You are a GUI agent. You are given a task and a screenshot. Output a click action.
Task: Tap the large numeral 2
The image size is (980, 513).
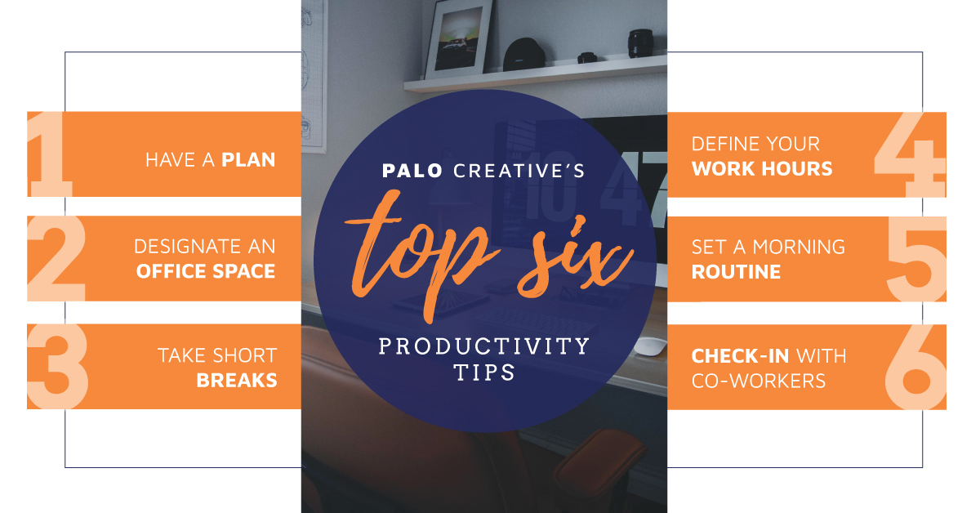56,258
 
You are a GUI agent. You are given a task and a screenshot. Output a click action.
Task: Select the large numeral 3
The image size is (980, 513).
57,366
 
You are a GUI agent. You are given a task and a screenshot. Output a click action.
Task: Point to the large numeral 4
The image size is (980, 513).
910,154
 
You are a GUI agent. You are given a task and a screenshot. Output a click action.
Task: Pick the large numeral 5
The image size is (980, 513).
917,259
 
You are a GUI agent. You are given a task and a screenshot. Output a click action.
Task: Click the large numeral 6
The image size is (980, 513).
915,367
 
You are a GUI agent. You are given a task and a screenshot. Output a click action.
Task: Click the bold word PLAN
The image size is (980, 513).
248,160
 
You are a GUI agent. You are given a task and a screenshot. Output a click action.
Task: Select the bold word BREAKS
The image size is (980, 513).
237,381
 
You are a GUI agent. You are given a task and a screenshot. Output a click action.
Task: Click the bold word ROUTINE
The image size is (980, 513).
736,272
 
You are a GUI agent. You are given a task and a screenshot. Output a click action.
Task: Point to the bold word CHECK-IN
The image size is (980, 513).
740,356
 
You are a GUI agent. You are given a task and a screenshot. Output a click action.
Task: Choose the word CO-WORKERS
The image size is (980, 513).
759,381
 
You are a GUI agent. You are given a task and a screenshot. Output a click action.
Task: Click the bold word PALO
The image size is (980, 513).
412,171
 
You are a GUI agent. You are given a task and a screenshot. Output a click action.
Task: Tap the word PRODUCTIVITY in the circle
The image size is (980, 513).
484,346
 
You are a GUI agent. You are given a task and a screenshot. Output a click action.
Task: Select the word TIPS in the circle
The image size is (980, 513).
485,372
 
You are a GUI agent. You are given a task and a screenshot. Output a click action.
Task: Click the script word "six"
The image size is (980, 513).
575,258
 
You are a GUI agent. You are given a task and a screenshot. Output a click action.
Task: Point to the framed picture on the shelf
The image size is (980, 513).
458,38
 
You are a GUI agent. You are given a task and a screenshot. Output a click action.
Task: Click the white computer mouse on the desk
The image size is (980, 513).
650,346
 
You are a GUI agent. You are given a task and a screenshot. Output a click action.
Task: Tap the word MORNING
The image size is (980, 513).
799,248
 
